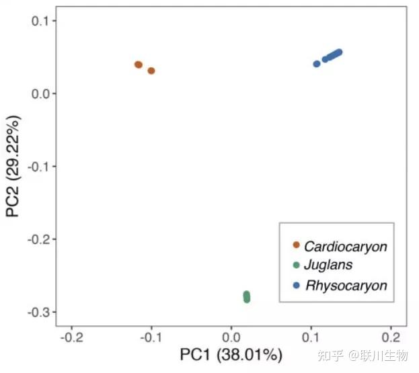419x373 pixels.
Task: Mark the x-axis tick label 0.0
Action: pos(231,335)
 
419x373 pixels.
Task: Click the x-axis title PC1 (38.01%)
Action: pos(231,355)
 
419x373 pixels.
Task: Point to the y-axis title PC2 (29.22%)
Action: pos(13,167)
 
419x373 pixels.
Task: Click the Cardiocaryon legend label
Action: pos(346,247)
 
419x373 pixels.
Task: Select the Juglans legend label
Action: pos(328,265)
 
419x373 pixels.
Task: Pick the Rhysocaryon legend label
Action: pos(346,285)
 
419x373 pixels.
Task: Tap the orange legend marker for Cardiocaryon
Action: pos(296,245)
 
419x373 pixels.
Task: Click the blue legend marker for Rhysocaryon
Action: pos(296,285)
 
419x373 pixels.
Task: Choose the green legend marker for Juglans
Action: pos(296,265)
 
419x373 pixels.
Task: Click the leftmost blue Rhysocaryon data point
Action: pos(317,64)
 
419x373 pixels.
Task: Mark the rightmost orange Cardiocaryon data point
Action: pos(151,71)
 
